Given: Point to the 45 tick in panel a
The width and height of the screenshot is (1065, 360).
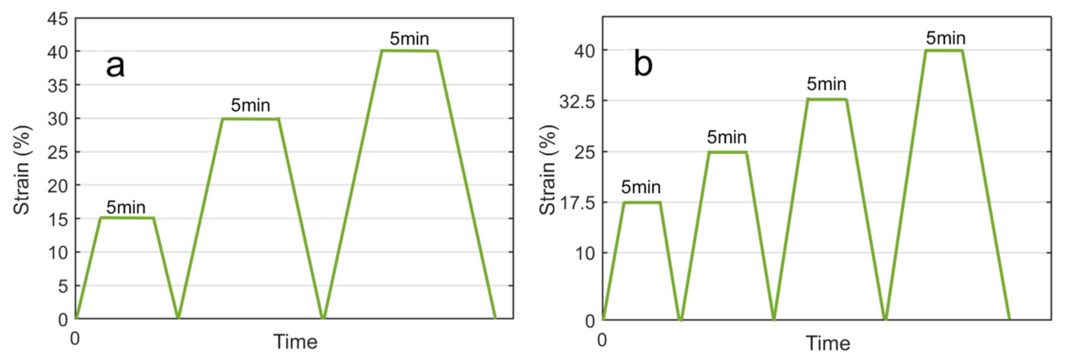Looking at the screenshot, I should [58, 19].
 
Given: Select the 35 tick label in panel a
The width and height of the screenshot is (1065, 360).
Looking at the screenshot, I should [58, 86].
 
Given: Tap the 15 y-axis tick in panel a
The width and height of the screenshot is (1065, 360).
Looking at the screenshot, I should [58, 220].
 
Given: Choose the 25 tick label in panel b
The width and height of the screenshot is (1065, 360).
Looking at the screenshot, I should [584, 153].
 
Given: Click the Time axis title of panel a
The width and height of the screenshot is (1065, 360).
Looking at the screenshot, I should [295, 342].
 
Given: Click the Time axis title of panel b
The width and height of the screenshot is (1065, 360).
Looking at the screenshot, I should [828, 343].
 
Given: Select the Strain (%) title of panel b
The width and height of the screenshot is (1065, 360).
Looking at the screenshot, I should [547, 170].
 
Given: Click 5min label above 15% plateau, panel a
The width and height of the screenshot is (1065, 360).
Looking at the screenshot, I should [126, 207].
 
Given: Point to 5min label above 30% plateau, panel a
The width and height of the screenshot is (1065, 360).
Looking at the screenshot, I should [251, 105].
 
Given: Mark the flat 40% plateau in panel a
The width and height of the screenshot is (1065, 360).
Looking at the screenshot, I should [409, 51].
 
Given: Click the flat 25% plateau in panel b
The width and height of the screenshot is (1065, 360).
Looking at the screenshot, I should [727, 152].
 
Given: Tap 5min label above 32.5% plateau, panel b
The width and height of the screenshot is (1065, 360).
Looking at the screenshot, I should [826, 84].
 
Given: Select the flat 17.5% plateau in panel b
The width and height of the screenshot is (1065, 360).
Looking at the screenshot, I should [642, 202].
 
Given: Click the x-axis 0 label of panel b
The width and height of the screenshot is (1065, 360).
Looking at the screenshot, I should [602, 340].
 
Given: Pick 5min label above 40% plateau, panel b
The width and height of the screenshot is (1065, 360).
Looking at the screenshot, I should [946, 38].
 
